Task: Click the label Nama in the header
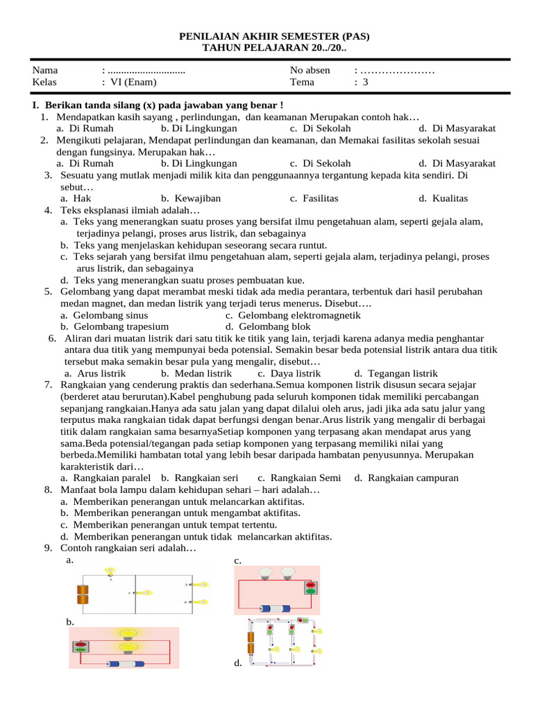pyautogui.click(x=45, y=70)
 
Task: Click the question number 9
pyautogui.click(x=48, y=548)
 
